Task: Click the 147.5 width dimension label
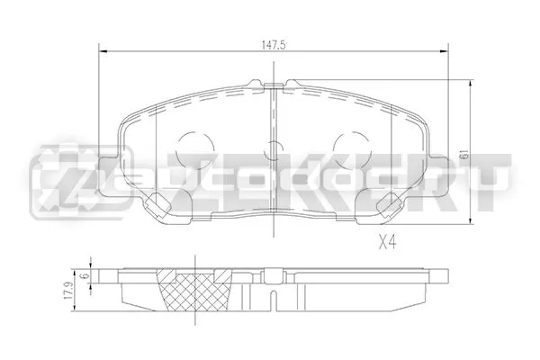tap(274, 45)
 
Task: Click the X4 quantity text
tap(387, 243)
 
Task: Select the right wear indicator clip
tap(389, 203)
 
